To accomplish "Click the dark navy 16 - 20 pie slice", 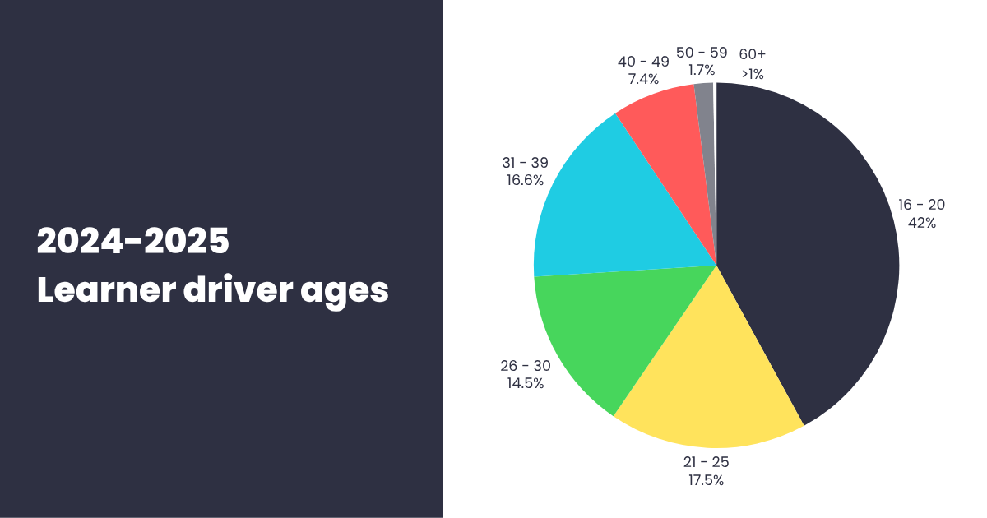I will point(814,247).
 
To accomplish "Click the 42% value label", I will point(921,223).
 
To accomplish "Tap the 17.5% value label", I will point(707,480).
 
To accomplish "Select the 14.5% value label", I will point(526,383).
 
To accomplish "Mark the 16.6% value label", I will point(525,180).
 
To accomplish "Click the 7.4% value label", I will point(643,79).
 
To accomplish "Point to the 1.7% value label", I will point(702,71).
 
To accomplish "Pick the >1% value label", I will point(752,74).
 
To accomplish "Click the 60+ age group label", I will point(752,54).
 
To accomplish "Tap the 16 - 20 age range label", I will point(921,204).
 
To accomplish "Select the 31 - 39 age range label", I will point(525,162).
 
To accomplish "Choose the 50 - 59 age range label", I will point(702,53).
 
